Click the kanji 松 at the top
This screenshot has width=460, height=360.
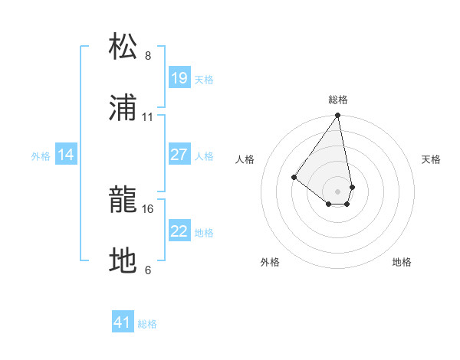(x=123, y=46)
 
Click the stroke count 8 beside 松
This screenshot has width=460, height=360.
(x=148, y=56)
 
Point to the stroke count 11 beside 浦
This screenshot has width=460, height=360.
(x=148, y=117)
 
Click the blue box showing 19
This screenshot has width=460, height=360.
(x=179, y=78)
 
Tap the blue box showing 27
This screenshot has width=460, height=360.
(x=179, y=155)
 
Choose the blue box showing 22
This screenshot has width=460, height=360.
(x=179, y=231)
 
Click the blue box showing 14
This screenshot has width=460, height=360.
(x=66, y=155)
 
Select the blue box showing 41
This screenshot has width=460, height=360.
(x=123, y=322)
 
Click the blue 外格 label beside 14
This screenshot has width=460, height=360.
(x=41, y=156)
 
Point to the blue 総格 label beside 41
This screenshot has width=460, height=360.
(x=147, y=324)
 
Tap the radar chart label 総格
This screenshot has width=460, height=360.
(x=338, y=100)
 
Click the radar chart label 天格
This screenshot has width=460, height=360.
(x=432, y=159)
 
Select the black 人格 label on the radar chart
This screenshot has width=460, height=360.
(x=245, y=159)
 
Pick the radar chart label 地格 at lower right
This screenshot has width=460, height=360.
(x=402, y=262)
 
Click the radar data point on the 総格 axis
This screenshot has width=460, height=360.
(x=338, y=116)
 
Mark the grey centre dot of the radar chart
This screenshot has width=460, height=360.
(x=338, y=191)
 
